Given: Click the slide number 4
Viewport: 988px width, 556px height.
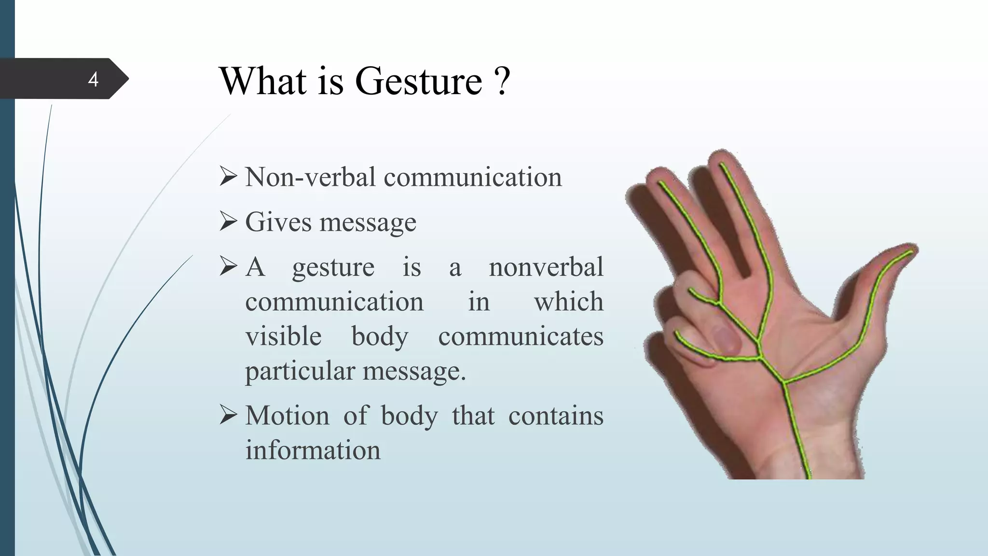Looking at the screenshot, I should (x=93, y=79).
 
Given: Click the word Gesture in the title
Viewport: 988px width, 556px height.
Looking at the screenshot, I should (x=418, y=81).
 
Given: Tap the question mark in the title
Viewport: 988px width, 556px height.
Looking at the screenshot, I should (x=502, y=81).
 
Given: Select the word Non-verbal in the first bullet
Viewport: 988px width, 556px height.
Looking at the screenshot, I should (x=310, y=177).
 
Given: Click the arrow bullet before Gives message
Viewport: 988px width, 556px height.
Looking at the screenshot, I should (x=228, y=222).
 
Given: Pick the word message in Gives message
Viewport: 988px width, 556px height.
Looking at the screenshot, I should (x=368, y=222).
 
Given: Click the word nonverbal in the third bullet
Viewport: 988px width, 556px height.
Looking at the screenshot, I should (x=546, y=267).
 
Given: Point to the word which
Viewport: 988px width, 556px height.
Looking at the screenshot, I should (x=568, y=302).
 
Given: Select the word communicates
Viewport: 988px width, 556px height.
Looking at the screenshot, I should (x=521, y=336).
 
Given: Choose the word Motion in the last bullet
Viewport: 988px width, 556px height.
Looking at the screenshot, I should (x=287, y=416).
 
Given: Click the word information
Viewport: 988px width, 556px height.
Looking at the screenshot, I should (x=313, y=450).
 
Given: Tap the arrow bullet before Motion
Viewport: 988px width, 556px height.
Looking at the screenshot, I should (x=228, y=415).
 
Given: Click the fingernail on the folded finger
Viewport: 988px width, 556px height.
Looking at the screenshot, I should (x=726, y=338).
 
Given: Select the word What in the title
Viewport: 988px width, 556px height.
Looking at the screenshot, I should (x=263, y=81).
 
